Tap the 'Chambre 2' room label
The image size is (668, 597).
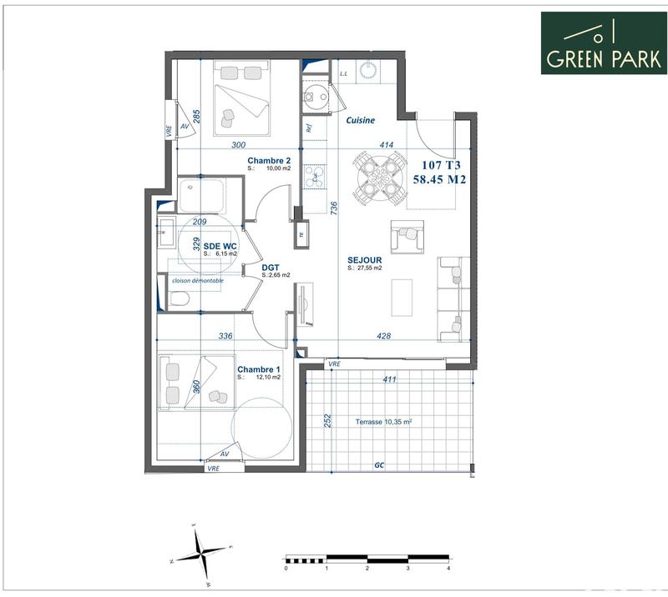click(269, 160)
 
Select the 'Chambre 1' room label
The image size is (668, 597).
click(258, 369)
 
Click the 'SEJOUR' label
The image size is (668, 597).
click(364, 259)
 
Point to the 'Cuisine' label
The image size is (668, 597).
click(360, 120)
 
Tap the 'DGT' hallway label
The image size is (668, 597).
click(271, 267)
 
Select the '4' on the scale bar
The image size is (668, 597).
click(448, 568)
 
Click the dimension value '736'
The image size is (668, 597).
click(333, 208)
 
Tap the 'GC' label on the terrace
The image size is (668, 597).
click(378, 464)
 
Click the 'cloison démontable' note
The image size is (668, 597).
click(197, 281)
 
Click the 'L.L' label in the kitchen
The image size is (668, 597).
click(343, 73)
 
